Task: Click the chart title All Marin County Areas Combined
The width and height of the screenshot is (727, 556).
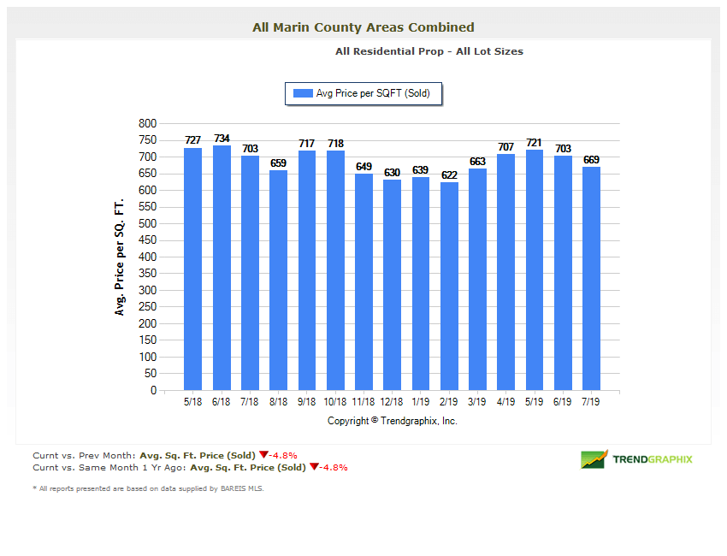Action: tap(363, 27)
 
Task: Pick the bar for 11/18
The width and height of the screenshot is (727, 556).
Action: tap(363, 282)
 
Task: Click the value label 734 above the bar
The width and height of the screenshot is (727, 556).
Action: tap(222, 139)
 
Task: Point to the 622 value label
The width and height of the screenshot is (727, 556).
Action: tap(449, 175)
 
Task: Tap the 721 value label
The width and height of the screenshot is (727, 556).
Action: tap(535, 143)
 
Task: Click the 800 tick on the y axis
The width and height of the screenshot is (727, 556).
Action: tap(147, 124)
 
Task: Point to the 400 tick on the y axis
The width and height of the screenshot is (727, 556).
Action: tap(147, 257)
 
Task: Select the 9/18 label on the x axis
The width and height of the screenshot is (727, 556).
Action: tap(307, 401)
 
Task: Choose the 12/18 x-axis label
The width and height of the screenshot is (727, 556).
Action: tap(392, 401)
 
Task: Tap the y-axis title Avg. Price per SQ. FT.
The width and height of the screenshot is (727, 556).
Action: tap(120, 257)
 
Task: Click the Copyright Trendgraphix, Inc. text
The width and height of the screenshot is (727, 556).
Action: tap(392, 421)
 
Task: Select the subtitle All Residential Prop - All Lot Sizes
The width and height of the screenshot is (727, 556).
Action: tap(429, 51)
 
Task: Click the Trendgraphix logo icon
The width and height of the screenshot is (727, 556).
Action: tap(594, 459)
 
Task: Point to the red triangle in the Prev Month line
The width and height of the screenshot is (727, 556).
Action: tap(263, 455)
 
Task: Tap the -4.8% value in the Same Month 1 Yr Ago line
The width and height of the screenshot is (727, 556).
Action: tap(334, 467)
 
